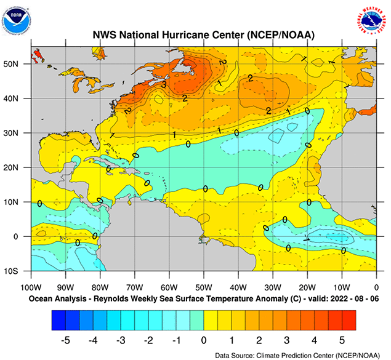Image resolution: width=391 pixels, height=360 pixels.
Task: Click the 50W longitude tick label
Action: coord(204,287)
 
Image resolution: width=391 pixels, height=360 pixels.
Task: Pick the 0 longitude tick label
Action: coord(376,287)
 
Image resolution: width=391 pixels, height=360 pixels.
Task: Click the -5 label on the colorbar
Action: coord(65,339)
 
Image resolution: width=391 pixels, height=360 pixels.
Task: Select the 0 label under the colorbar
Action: coord(203,339)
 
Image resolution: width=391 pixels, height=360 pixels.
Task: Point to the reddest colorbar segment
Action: coord(347,319)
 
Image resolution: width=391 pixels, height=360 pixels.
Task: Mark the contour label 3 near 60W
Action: coord(164,84)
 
